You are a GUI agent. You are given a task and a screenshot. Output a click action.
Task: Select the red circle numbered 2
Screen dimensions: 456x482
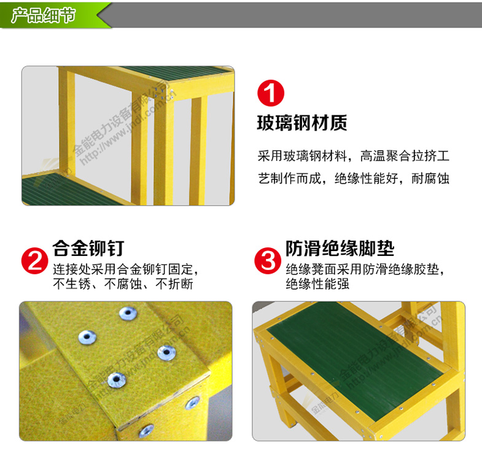[35, 261]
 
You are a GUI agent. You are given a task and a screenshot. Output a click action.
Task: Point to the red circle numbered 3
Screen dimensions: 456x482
[268, 261]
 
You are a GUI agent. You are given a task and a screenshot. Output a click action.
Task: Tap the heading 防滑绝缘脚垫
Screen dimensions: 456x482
[340, 248]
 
